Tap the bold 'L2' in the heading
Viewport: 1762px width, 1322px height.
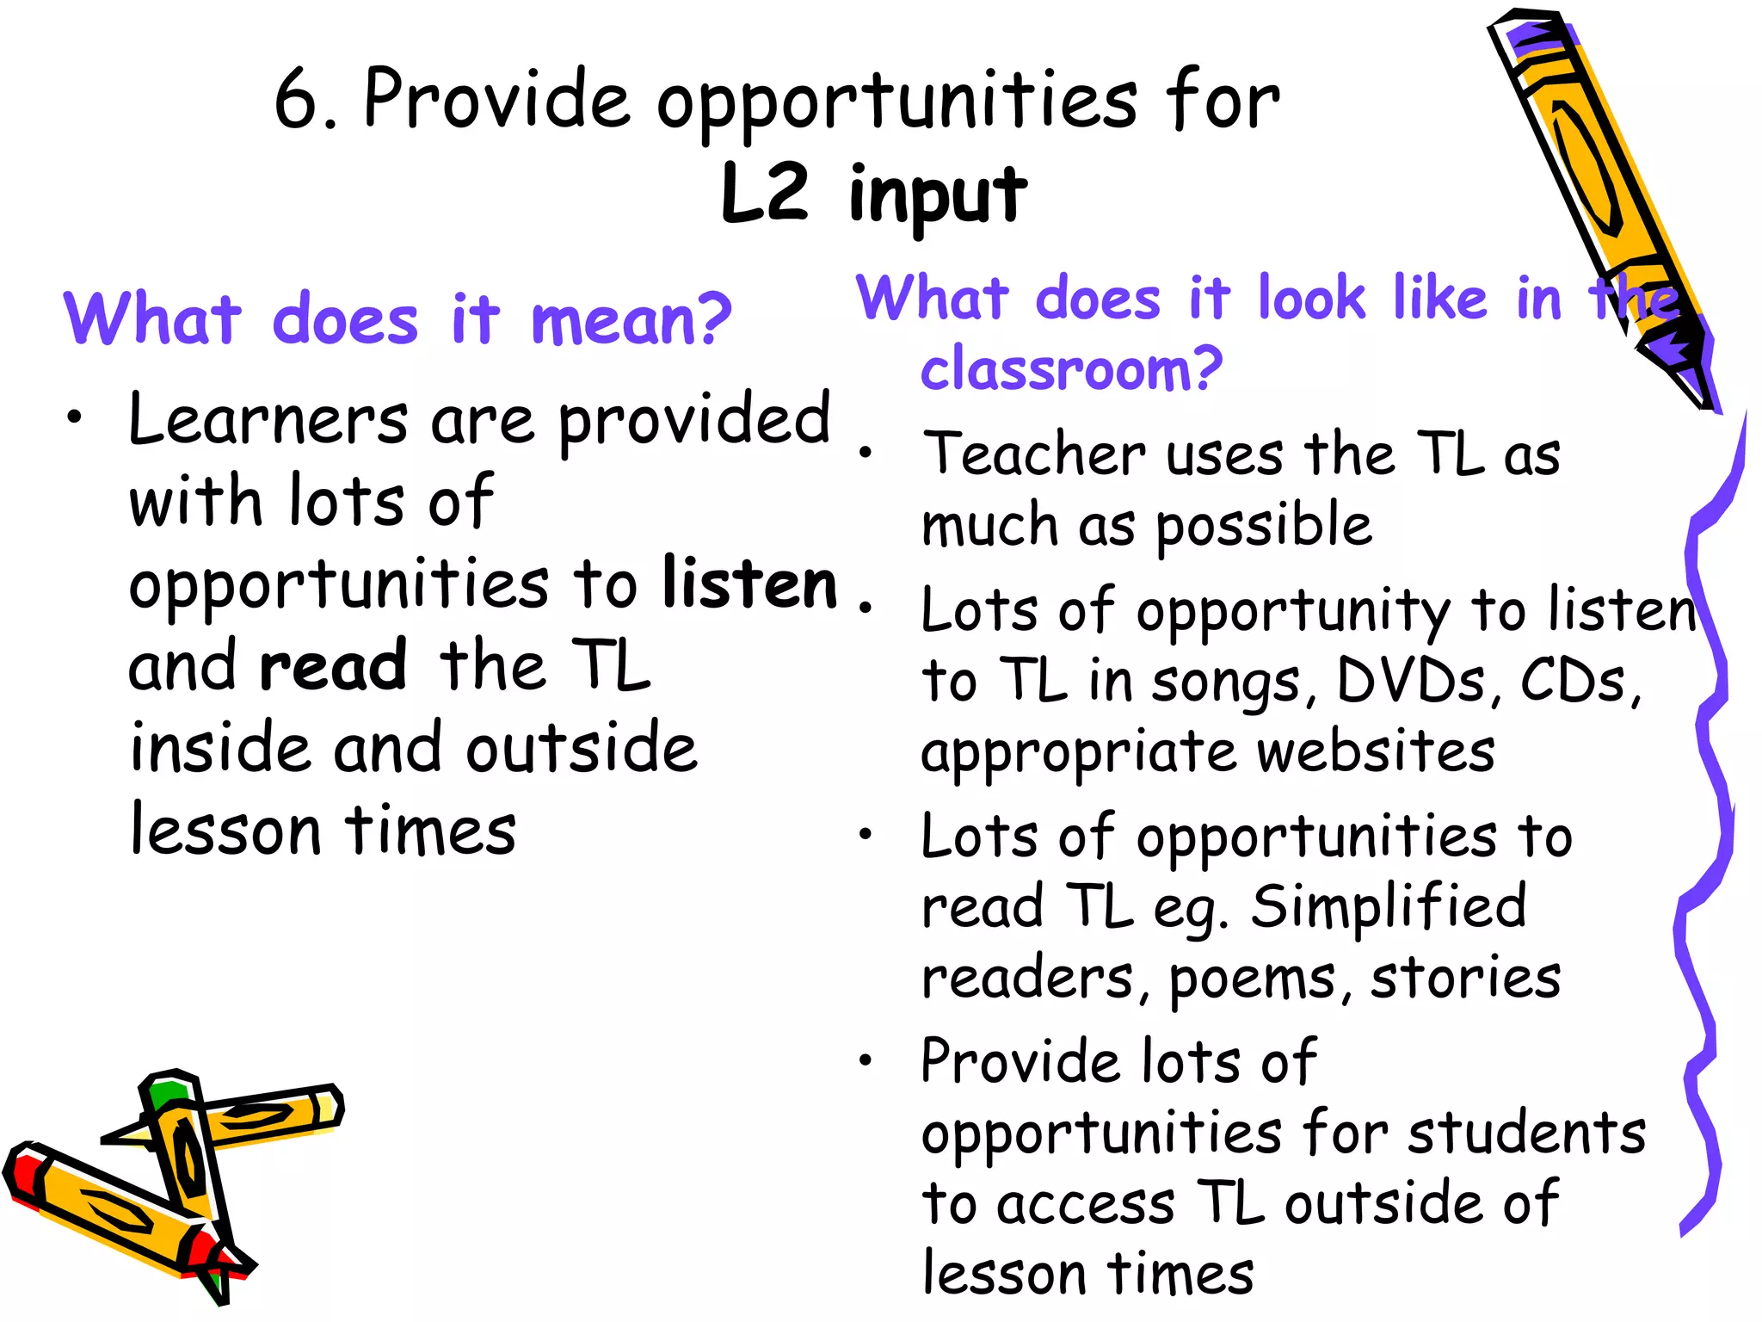765,192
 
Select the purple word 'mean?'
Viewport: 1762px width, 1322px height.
631,320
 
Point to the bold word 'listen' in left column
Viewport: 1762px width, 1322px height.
749,584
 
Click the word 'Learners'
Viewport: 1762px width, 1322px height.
268,420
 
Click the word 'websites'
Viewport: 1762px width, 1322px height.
1376,751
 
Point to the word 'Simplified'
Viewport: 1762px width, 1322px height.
1389,906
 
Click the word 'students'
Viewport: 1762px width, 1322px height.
1526,1133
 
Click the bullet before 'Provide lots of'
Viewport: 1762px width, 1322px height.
866,1059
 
